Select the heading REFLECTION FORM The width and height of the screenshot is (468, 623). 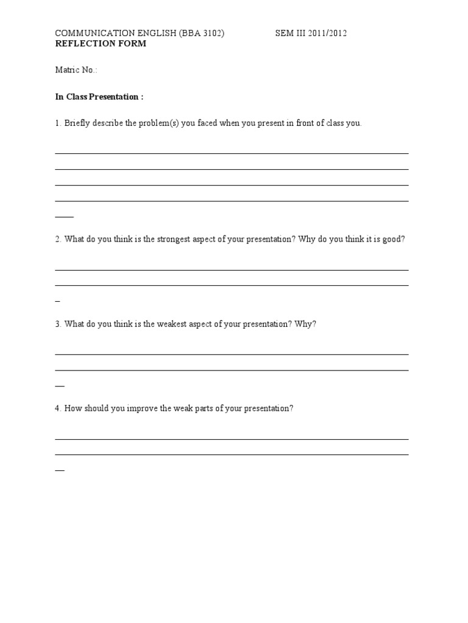click(x=101, y=44)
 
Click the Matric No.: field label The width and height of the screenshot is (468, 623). click(x=76, y=70)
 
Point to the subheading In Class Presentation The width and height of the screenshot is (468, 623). click(x=99, y=97)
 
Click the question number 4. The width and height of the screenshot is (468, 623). click(x=57, y=408)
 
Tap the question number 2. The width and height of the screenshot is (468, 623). click(x=57, y=239)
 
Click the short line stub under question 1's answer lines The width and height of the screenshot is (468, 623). click(x=64, y=217)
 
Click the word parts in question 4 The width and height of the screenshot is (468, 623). click(x=204, y=408)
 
